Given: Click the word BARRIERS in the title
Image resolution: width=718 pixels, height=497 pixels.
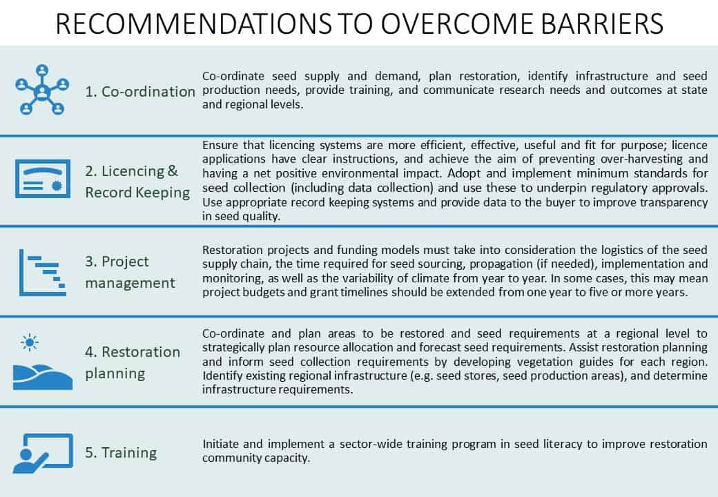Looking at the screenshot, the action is point(601,23).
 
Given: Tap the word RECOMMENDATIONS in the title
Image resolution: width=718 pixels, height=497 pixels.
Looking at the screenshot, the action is point(193,23).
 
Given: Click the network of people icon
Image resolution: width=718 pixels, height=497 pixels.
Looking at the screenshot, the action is point(42,90).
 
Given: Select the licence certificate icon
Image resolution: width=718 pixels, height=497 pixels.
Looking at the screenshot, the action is point(43,179).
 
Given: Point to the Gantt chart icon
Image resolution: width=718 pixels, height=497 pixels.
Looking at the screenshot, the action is point(43,272).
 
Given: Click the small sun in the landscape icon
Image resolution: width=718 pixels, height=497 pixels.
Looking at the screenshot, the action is point(30,342).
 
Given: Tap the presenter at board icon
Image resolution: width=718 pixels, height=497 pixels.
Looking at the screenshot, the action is point(43,453).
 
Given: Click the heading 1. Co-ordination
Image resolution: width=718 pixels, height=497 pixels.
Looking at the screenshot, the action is point(140,92).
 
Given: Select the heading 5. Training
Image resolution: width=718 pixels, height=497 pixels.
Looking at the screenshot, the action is point(121,453).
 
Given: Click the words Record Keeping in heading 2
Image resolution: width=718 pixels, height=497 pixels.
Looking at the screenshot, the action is point(137,193).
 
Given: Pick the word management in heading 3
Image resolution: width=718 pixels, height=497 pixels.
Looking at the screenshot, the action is point(130,283).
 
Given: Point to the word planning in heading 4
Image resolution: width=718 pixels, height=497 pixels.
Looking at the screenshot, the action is point(115,374).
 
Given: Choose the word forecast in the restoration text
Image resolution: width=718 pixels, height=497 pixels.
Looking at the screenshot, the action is point(440,347).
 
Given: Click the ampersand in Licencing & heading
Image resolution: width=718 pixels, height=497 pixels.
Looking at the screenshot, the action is point(173,170).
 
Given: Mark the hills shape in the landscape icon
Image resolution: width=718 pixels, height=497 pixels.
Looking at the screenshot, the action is point(43,377).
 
